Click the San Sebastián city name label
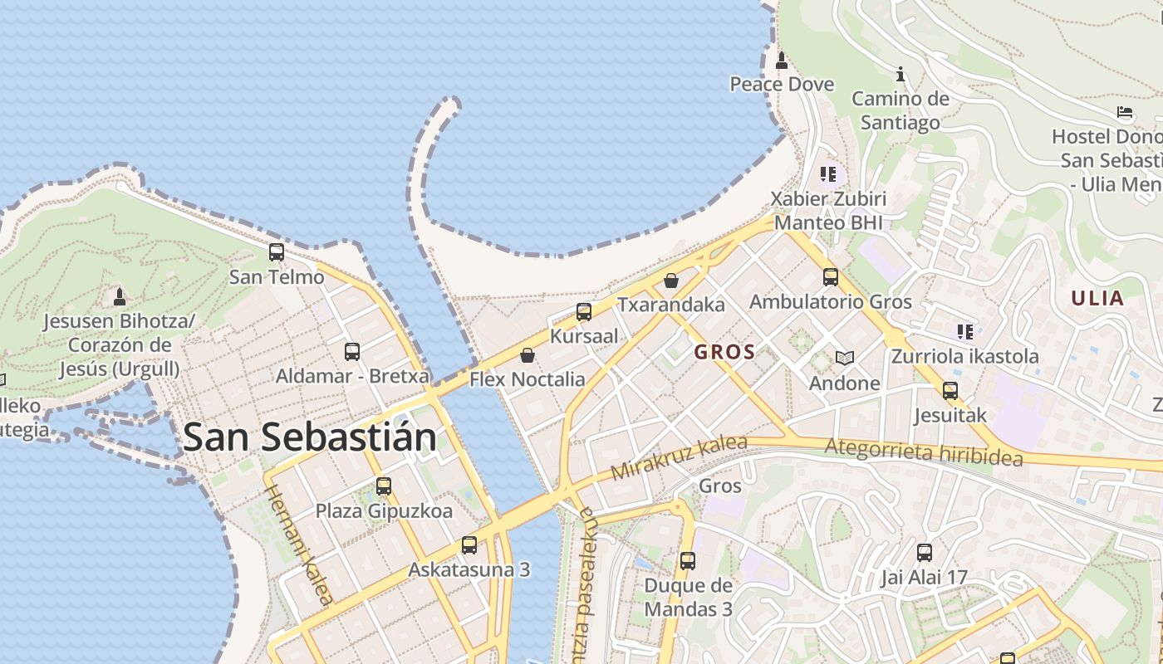pyautogui.click(x=309, y=437)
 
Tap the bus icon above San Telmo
pyautogui.click(x=277, y=251)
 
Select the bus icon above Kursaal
pyautogui.click(x=584, y=312)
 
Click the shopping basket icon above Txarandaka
pyautogui.click(x=671, y=281)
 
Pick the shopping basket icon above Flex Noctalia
pyautogui.click(x=527, y=355)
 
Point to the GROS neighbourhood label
pyautogui.click(x=724, y=352)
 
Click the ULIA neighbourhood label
pyautogui.click(x=1097, y=299)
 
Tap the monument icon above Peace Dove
pyautogui.click(x=781, y=60)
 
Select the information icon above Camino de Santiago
pyautogui.click(x=900, y=74)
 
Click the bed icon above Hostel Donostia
pyautogui.click(x=1125, y=111)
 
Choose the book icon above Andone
pyautogui.click(x=845, y=359)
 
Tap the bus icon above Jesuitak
pyautogui.click(x=950, y=390)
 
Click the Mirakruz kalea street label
pyautogui.click(x=679, y=458)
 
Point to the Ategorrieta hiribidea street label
pyautogui.click(x=923, y=453)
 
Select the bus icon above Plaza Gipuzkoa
pyautogui.click(x=383, y=486)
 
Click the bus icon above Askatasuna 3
pyautogui.click(x=469, y=545)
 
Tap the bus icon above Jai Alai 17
pyautogui.click(x=925, y=553)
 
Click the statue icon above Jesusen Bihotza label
pyautogui.click(x=120, y=296)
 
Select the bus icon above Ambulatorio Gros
pyautogui.click(x=831, y=277)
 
